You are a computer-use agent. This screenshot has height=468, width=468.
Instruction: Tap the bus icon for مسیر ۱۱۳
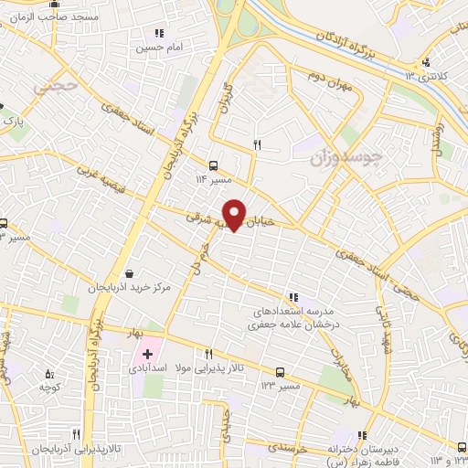point(213,165)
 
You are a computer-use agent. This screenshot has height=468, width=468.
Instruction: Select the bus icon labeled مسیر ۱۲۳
point(280,372)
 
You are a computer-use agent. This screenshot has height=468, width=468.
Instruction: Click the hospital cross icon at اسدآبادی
point(147,353)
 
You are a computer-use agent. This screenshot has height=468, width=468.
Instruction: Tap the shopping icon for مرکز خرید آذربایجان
point(129,272)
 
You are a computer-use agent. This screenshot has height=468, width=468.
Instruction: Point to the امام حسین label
point(165,46)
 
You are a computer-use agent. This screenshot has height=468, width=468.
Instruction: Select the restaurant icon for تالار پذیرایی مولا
point(209,354)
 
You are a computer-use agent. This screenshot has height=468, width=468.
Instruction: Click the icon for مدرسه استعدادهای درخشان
point(292,297)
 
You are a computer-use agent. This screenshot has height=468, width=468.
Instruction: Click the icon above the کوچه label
point(50,374)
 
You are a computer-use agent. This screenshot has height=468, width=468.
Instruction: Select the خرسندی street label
point(319,450)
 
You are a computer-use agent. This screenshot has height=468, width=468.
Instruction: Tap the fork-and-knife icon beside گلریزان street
point(257,144)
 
